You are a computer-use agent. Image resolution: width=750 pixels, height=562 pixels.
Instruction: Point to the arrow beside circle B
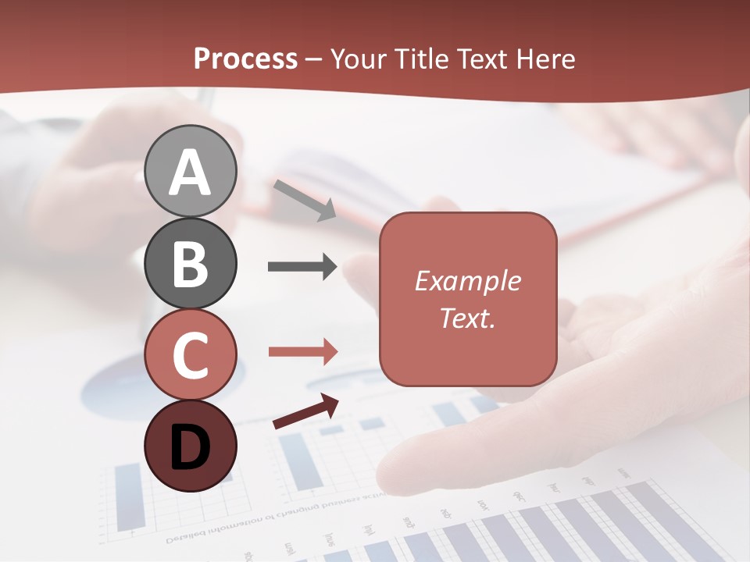[x=302, y=267]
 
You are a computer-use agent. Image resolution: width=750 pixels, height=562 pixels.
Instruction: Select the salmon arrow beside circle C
[x=302, y=351]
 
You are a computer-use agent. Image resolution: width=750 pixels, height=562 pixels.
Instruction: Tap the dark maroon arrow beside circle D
[x=305, y=412]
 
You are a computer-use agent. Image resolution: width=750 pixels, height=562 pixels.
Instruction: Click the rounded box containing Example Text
[x=468, y=299]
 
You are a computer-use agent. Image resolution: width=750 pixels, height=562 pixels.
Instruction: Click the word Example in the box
[x=468, y=281]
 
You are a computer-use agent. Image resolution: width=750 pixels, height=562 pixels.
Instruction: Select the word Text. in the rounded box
[x=468, y=318]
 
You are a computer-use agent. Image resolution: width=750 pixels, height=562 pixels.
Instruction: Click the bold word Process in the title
[x=245, y=59]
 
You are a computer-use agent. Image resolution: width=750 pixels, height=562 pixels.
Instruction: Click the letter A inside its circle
[x=191, y=173]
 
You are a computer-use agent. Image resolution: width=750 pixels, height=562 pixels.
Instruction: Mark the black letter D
[x=191, y=447]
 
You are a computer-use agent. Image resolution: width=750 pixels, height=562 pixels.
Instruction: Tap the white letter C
[x=191, y=355]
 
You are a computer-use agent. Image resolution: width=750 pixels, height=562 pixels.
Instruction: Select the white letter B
[x=191, y=264]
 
